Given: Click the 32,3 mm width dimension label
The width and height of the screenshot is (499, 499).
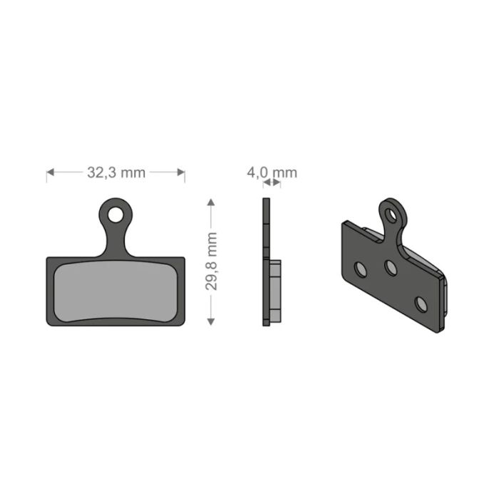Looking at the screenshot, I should pyautogui.click(x=115, y=172).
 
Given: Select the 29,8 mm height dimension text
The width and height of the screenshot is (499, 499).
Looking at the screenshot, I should pyautogui.click(x=211, y=261).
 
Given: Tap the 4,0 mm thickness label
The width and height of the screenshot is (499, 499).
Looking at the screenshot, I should pyautogui.click(x=272, y=172).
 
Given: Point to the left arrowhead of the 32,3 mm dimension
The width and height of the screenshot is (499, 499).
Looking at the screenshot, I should pyautogui.click(x=50, y=172).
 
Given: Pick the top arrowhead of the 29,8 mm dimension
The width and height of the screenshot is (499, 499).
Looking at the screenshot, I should pyautogui.click(x=211, y=203).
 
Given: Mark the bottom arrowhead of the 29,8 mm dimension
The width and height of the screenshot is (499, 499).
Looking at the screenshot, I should pyautogui.click(x=211, y=321).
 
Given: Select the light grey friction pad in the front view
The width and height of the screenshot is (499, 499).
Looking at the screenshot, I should pyautogui.click(x=115, y=290).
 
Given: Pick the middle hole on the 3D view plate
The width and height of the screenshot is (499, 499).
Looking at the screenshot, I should pyautogui.click(x=391, y=268).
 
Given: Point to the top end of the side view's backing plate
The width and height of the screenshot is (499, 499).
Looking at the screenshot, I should pyautogui.click(x=267, y=201).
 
